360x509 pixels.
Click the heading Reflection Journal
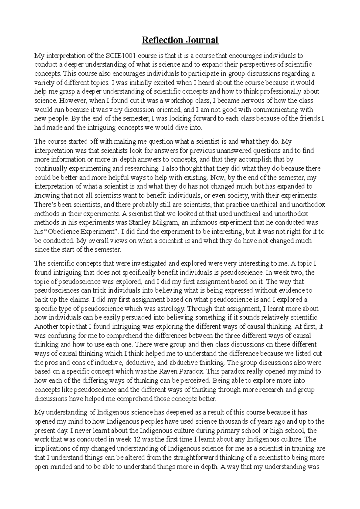click(180, 40)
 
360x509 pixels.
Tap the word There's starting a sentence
click(44, 205)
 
